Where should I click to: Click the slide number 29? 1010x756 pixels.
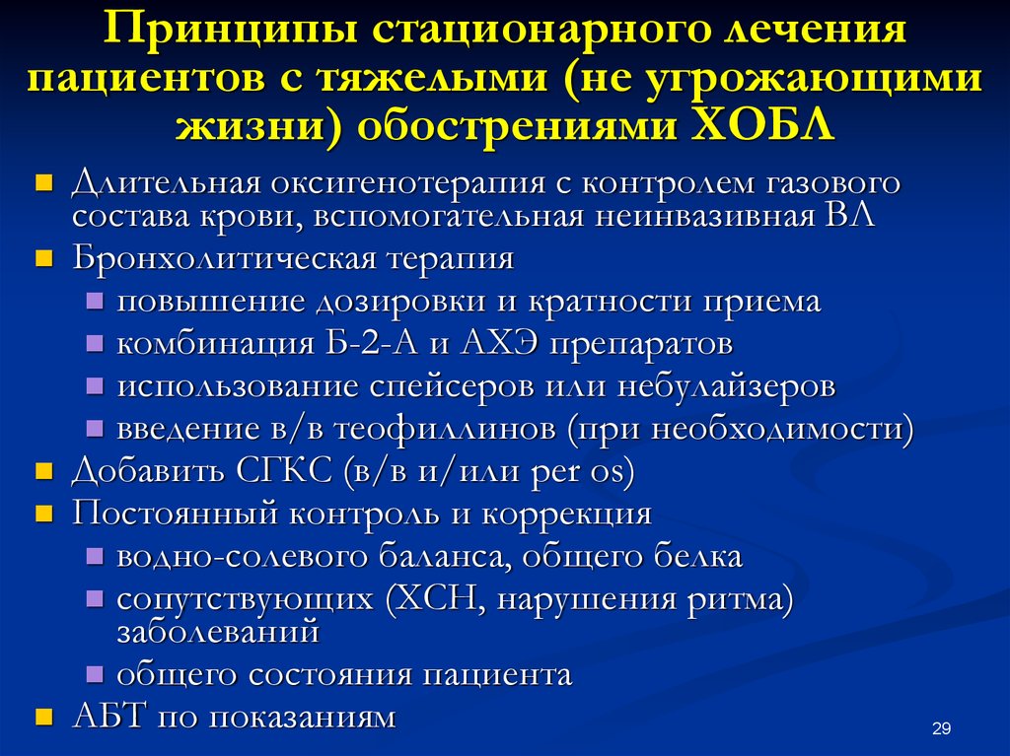pos(941,728)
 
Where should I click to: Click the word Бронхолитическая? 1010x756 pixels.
pos(225,258)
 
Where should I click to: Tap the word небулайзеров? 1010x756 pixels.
pos(726,385)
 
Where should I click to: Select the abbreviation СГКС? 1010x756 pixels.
pos(283,471)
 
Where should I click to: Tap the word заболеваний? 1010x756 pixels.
pos(218,631)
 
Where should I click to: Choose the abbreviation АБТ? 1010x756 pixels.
pos(109,717)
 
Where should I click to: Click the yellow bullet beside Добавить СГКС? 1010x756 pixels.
pos(43,473)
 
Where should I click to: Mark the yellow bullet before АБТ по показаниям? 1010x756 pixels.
pos(43,718)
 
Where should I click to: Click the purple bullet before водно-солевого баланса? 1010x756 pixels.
pos(95,556)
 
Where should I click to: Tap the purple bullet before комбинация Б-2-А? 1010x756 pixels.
pos(95,344)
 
